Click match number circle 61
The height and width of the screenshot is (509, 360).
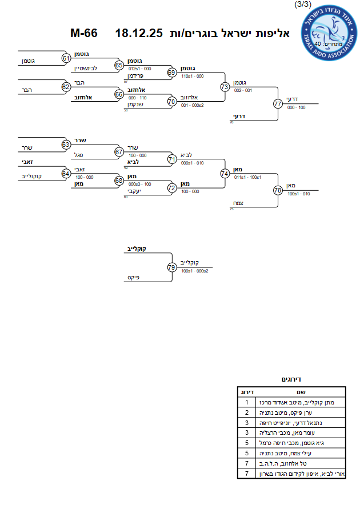tap(66, 58)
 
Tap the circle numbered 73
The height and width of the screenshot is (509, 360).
tap(225, 87)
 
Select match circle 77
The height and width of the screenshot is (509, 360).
tap(278, 104)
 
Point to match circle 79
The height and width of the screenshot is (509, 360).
tap(171, 267)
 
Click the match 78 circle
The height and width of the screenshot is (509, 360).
tap(278, 190)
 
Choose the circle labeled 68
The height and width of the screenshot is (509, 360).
tap(119, 181)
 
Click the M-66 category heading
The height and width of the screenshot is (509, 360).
tap(83, 33)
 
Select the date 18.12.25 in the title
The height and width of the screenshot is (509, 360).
tap(139, 33)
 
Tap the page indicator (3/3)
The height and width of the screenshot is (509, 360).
tap(302, 5)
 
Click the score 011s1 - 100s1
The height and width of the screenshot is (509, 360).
tap(248, 177)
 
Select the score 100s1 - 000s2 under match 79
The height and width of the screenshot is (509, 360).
tap(194, 271)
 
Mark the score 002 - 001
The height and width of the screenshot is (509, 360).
tap(243, 91)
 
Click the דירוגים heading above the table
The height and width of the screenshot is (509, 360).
tap(292, 379)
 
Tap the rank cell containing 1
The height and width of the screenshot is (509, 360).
tap(246, 402)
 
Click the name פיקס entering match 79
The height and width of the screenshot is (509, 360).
tap(134, 278)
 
